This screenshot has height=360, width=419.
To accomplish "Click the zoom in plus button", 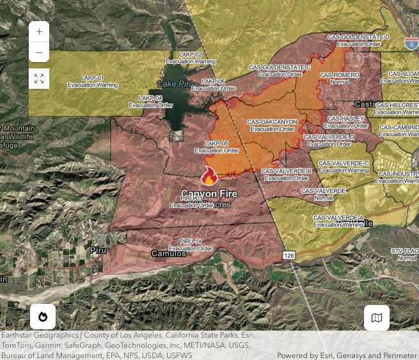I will tap(39, 31).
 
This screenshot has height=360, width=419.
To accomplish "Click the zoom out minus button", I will tap(39, 52).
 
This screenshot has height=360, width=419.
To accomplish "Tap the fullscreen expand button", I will tap(39, 79).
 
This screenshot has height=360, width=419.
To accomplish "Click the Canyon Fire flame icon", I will tap(209, 176).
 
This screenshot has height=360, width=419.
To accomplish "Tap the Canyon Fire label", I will tap(209, 194).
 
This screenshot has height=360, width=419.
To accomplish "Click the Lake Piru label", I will tap(175, 84).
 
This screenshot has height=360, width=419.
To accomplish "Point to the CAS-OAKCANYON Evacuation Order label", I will tap(274, 125).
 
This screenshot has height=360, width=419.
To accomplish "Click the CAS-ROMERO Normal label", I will tap(340, 79).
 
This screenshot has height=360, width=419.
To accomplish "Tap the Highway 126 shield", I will tap(289, 256).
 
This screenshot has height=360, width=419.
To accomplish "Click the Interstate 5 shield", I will tap(411, 43).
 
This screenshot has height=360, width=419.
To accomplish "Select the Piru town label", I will tap(98, 250).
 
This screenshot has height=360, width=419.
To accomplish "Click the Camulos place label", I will tap(168, 254).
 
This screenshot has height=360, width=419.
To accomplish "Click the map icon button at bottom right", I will tap(377, 318).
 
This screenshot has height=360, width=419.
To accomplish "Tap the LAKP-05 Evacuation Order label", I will tap(216, 147).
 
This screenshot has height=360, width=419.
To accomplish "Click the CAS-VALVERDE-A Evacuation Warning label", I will tap(338, 221).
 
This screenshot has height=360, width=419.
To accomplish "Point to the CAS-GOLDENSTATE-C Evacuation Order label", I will tap(280, 70).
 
